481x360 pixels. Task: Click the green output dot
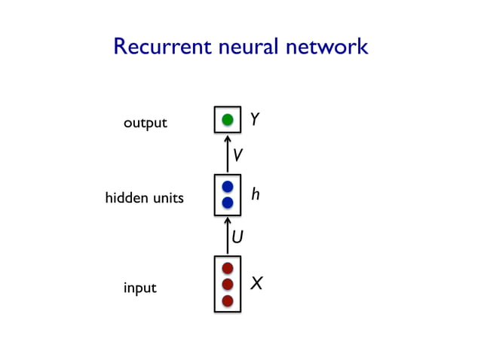[227, 119]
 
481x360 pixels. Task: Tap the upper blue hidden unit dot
[227, 186]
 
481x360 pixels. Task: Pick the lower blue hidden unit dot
[227, 202]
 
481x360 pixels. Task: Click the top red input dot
[227, 267]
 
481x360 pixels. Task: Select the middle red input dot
[227, 284]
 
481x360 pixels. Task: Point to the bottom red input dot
[227, 301]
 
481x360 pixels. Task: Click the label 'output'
[146, 123]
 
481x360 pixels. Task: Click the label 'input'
[140, 288]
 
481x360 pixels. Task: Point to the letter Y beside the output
[255, 120]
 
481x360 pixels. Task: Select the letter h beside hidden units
[256, 194]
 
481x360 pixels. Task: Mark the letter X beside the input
[256, 284]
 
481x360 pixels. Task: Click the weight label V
[237, 155]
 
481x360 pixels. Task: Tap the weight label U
[237, 238]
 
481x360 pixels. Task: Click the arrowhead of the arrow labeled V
[227, 139]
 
